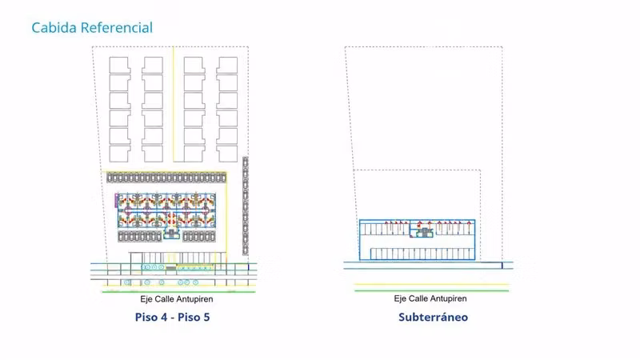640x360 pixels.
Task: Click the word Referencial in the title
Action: click(x=117, y=28)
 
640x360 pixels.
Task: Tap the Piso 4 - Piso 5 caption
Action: click(x=172, y=317)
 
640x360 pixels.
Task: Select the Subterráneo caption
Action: click(x=433, y=317)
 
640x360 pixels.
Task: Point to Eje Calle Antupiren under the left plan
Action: click(x=177, y=299)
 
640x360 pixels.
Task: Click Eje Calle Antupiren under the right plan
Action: click(x=430, y=298)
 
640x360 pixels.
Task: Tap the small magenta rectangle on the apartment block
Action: click(x=116, y=200)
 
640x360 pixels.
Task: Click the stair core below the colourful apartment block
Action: click(x=171, y=234)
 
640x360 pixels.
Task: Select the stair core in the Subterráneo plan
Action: click(x=424, y=233)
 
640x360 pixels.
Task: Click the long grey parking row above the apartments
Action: click(x=166, y=178)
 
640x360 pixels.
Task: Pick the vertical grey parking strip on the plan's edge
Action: click(x=246, y=206)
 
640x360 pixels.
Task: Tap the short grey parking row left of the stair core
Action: click(x=140, y=236)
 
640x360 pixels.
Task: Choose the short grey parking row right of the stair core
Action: click(x=199, y=236)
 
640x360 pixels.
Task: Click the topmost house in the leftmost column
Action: click(x=119, y=65)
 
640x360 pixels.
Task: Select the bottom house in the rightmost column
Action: click(x=227, y=154)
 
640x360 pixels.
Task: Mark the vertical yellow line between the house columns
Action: click(x=173, y=104)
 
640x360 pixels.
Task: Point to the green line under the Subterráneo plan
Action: click(x=432, y=290)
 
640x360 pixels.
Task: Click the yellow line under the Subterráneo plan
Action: click(x=432, y=284)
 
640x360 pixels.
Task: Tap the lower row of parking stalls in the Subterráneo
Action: click(x=422, y=254)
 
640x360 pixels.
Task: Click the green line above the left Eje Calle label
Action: click(x=178, y=292)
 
